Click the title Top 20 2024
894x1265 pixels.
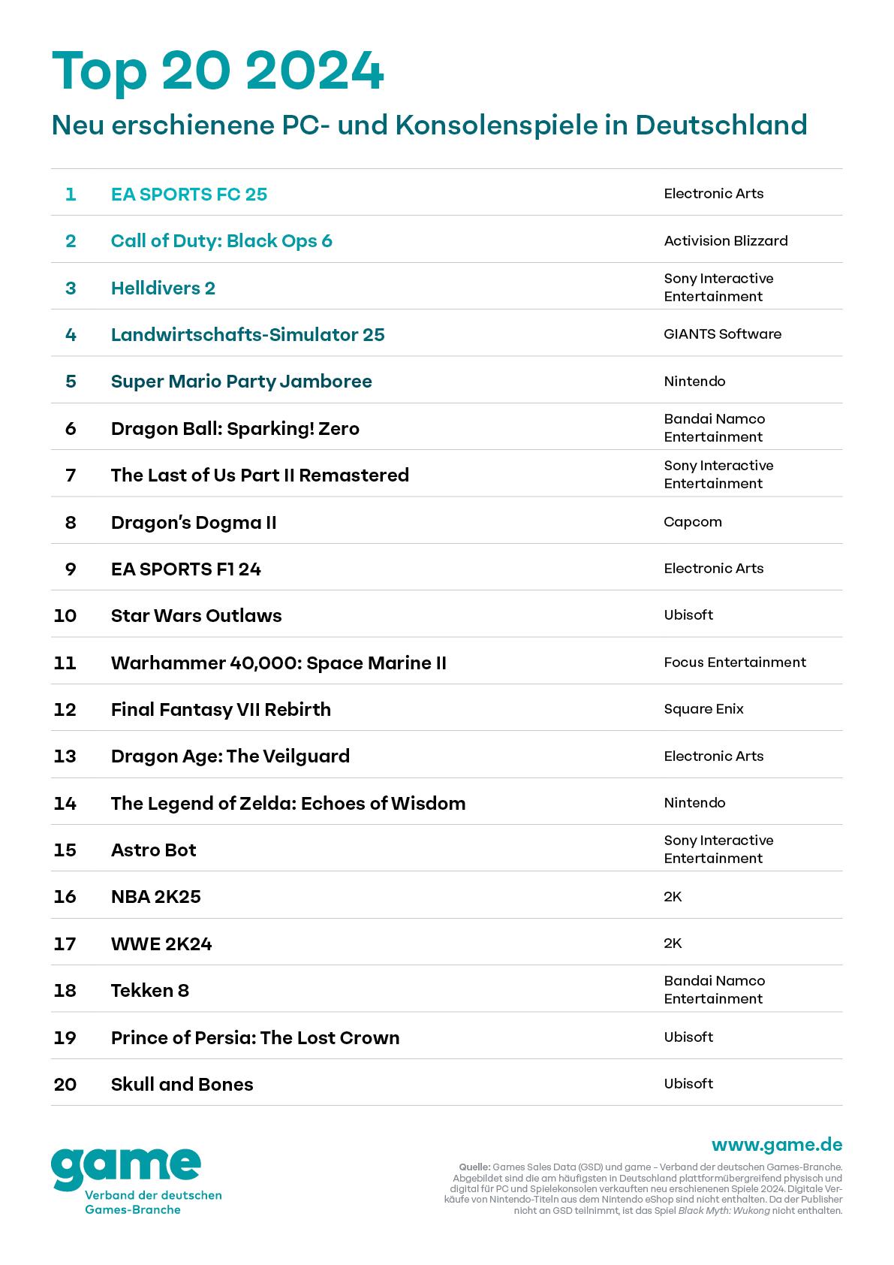pos(218,71)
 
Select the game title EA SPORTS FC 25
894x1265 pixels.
pos(189,195)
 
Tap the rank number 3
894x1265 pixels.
pos(71,288)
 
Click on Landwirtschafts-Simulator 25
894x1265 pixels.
pos(248,335)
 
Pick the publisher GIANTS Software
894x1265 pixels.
pos(722,334)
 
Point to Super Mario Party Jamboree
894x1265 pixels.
pos(241,382)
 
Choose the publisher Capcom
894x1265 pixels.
pos(692,522)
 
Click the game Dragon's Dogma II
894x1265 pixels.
pos(194,523)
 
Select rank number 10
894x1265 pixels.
pos(65,616)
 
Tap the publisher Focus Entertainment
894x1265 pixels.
pos(734,663)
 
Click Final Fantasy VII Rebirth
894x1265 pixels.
pos(221,710)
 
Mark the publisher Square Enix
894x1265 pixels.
pos(703,709)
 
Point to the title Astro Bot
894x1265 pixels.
pos(153,850)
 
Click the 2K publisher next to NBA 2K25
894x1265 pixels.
pos(673,897)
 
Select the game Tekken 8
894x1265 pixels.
pos(149,991)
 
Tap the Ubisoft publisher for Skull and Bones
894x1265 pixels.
pos(688,1084)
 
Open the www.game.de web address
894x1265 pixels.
pos(776,1145)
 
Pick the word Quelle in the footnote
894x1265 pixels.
pos(474,1167)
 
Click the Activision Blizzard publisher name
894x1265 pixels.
pos(725,241)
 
